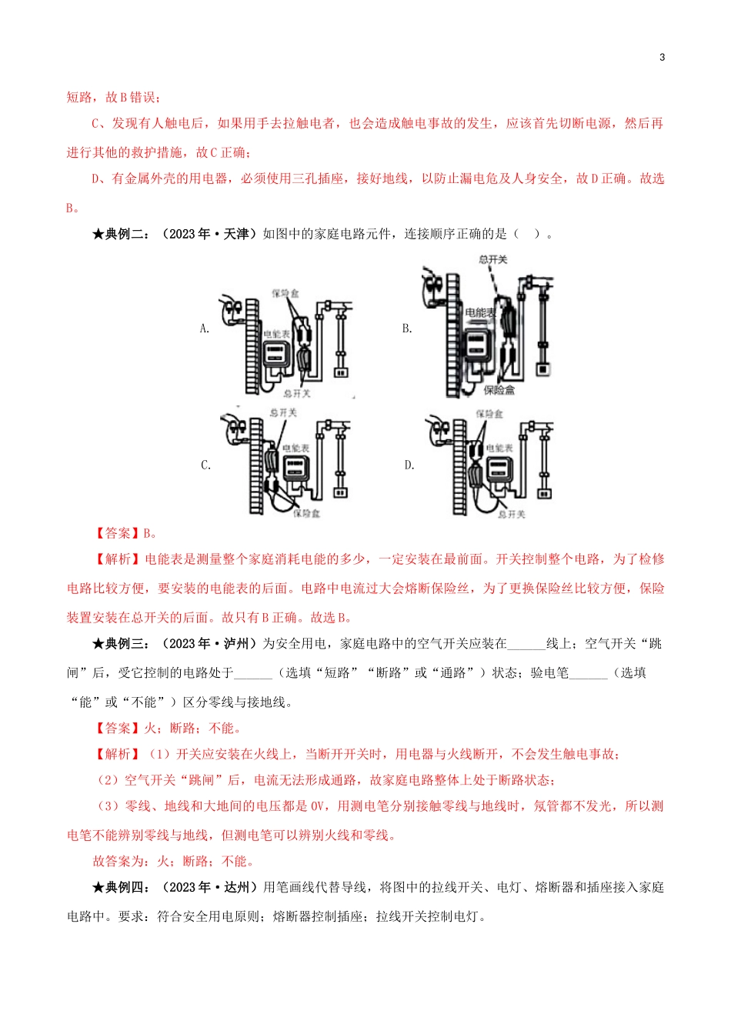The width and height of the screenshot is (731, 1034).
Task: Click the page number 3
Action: tap(662, 57)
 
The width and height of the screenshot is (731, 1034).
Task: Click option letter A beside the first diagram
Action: tap(204, 329)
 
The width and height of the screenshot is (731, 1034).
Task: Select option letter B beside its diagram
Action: tap(407, 329)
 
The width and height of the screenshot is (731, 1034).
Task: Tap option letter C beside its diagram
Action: tap(205, 465)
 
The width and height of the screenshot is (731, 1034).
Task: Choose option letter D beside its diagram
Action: tap(409, 465)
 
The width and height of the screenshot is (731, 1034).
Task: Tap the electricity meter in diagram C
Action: tap(297, 469)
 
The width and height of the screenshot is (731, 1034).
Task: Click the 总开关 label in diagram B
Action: tap(492, 259)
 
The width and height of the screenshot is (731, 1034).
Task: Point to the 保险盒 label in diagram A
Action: tap(285, 293)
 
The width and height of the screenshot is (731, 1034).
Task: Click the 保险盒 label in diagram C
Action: tap(306, 513)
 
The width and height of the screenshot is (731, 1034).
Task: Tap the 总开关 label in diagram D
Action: tap(511, 514)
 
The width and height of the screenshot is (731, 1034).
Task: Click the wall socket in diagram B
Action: tap(543, 369)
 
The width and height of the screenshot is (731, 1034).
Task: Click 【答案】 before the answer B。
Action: tap(117, 533)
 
